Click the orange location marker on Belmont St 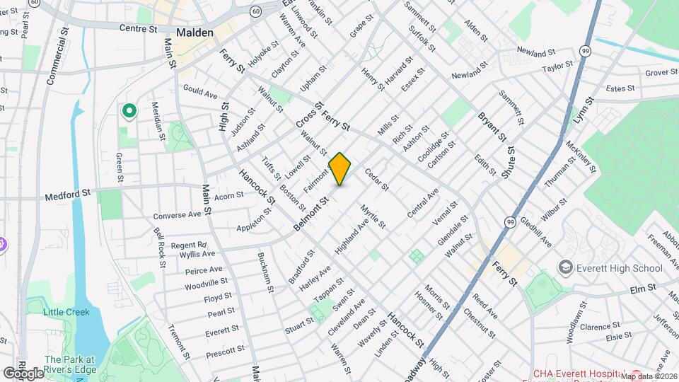pos(340,169)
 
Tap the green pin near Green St pos(129,111)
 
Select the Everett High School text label pos(620,268)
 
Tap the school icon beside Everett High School pos(565,268)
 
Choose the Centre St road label pos(138,29)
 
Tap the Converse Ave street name pos(178,214)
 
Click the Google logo pos(23,373)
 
